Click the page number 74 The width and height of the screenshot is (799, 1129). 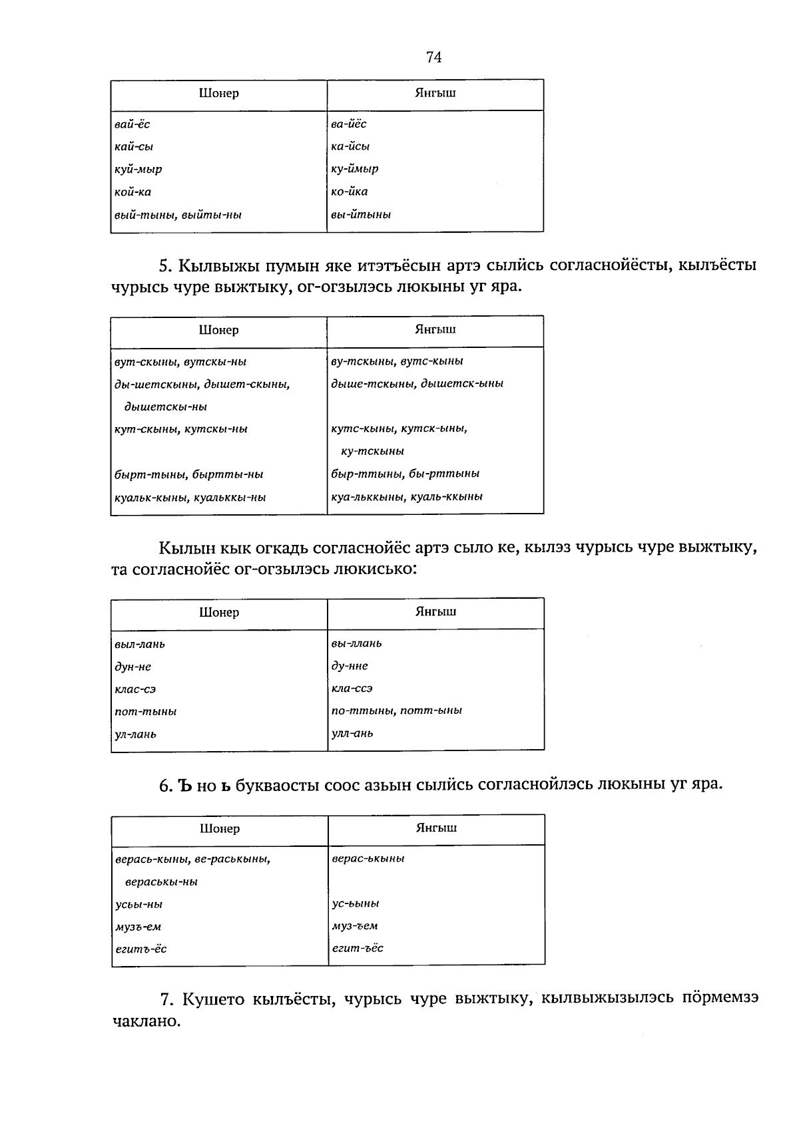point(433,58)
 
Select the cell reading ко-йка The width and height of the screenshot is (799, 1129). point(350,192)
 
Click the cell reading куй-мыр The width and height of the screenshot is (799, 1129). point(138,169)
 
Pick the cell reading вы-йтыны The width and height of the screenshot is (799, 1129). point(361,214)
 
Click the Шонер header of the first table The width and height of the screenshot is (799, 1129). point(218,94)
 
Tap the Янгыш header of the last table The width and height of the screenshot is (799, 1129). point(436,828)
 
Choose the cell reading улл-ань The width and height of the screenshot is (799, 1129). point(352,734)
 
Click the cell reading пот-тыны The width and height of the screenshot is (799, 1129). point(146,712)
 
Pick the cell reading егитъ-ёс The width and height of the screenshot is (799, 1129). point(141,949)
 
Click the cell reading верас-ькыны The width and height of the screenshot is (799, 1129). point(368,859)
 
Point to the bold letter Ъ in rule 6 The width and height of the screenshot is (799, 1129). point(186,785)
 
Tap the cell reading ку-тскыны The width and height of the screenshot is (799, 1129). point(372,451)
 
